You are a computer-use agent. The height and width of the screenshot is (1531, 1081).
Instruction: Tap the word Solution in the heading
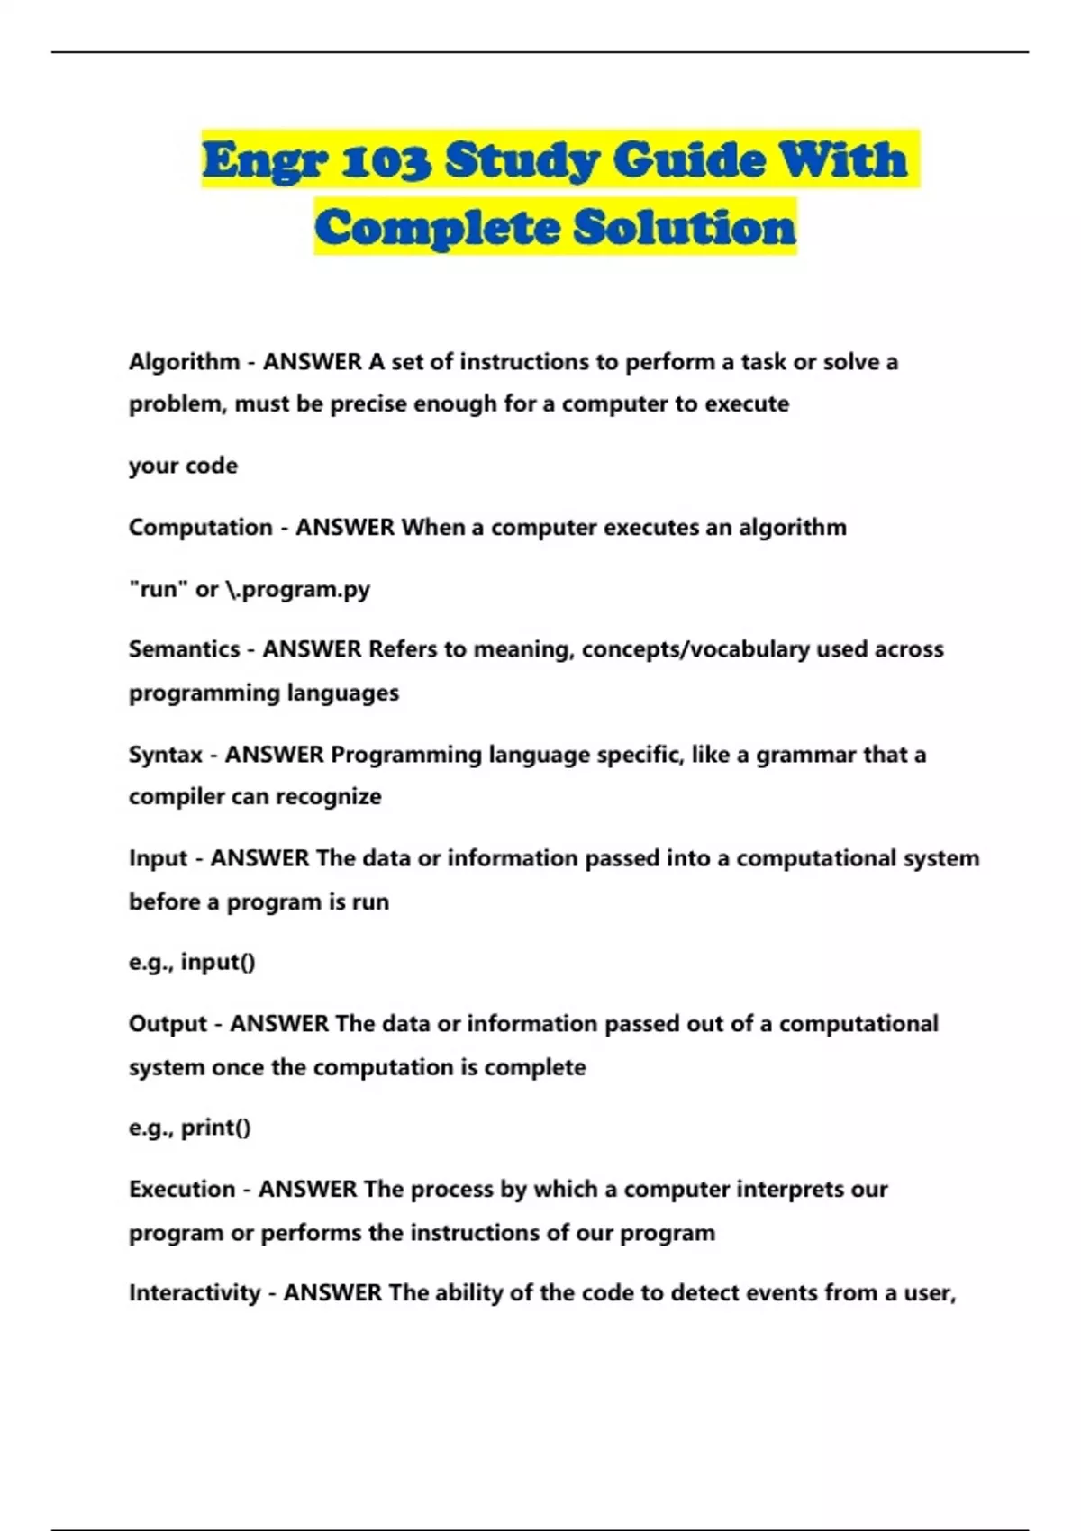(x=685, y=227)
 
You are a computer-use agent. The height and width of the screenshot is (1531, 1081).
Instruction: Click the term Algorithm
(x=184, y=362)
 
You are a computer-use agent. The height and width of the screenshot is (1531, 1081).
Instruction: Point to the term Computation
(x=200, y=528)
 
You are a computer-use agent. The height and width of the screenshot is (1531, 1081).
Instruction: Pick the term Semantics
(x=184, y=649)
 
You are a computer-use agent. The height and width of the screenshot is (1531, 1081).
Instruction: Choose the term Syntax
(x=166, y=755)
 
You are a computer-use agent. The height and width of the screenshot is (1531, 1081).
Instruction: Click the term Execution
(x=182, y=1190)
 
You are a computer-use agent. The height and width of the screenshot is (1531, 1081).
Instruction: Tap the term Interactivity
(x=195, y=1293)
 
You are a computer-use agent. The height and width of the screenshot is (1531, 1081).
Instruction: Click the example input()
(x=218, y=963)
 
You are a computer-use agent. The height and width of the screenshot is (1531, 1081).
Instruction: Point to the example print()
(x=216, y=1128)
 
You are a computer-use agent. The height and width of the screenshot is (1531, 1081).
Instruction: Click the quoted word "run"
(x=159, y=590)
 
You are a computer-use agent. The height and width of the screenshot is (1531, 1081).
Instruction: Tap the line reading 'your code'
(x=184, y=467)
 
